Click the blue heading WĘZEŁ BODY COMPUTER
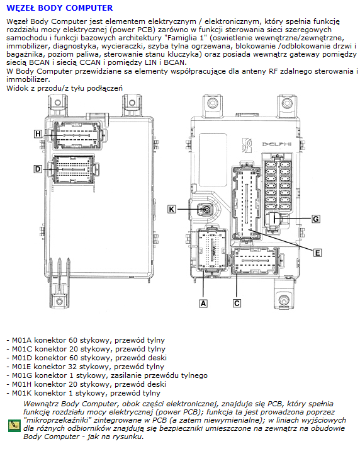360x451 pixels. pos(59,8)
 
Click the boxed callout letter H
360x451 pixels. pos(38,134)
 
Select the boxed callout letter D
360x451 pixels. pos(38,169)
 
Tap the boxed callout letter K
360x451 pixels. pos(172,209)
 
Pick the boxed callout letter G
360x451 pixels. pos(316,219)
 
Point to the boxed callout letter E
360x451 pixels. pos(317,253)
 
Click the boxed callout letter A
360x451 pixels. pos(203,304)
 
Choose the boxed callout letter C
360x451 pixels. pos(237,304)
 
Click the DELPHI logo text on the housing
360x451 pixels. pos(276,144)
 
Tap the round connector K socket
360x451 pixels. pos(206,209)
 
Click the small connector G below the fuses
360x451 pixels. pos(275,219)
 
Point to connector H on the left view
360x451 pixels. pos(77,135)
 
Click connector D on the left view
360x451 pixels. pos(74,169)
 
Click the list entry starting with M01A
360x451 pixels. pos(86,340)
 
